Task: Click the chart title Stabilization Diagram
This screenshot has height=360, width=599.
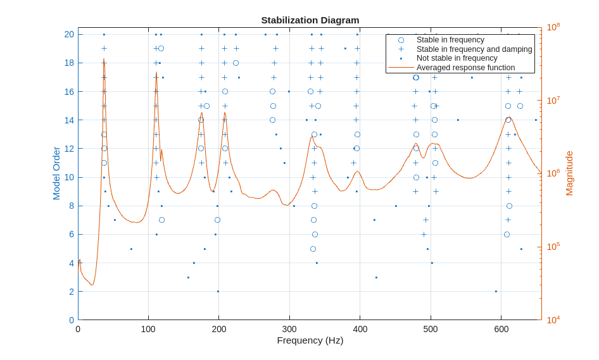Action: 310,20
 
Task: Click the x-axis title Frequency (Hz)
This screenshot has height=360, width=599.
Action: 310,340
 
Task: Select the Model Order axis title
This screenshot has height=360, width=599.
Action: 56,173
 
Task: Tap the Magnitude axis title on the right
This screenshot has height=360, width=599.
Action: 569,173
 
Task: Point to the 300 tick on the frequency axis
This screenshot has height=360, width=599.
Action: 289,329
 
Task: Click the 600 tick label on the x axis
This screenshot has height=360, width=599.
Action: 501,329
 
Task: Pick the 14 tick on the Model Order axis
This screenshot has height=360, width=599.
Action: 69,120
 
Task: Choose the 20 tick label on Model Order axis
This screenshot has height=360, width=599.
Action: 69,34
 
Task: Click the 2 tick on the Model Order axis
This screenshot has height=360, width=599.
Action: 72,292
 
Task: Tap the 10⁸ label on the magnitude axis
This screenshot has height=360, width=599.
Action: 553,27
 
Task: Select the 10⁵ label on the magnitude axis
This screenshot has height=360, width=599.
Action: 553,247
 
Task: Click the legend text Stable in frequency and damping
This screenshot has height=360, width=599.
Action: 474,49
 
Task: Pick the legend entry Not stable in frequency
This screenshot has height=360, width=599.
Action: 457,58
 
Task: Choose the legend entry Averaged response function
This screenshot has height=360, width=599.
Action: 465,67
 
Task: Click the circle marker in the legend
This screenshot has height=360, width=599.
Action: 401,40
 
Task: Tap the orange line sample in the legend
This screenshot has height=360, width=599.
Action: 401,67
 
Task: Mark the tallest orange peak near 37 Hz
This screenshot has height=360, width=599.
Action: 104,59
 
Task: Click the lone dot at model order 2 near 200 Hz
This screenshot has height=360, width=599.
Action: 218,292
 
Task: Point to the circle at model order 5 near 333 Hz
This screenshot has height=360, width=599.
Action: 313,249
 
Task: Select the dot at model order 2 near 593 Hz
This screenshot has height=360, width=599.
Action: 496,292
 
